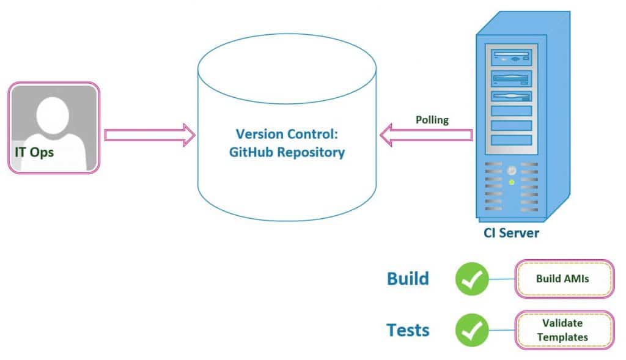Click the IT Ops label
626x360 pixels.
[x=34, y=152]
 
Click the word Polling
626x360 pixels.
[x=432, y=120]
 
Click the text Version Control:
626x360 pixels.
[x=287, y=134]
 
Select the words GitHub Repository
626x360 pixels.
[x=287, y=153]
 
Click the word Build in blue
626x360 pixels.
[x=408, y=279]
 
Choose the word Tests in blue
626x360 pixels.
[x=408, y=331]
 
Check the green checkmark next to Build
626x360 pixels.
[x=472, y=279]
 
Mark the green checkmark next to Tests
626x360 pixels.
[x=472, y=331]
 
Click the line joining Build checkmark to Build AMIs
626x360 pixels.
[x=502, y=279]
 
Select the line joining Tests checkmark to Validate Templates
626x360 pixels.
[x=502, y=331]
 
